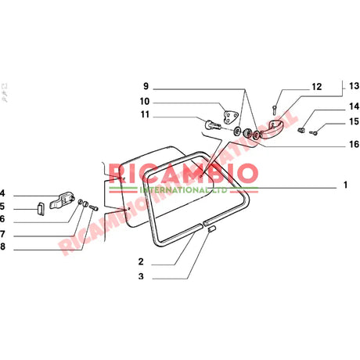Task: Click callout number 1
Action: click(344, 187)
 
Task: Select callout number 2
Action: click(140, 261)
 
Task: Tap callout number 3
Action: click(140, 276)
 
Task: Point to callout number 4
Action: click(4, 193)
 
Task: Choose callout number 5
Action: click(4, 207)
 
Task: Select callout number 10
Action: click(145, 101)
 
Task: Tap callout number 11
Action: click(145, 116)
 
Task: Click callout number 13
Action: click(354, 85)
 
